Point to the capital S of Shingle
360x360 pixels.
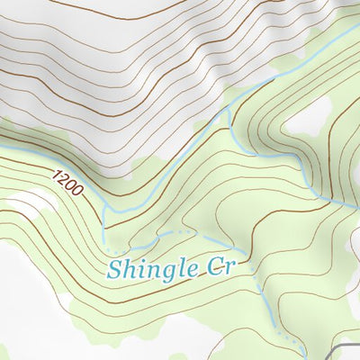114,267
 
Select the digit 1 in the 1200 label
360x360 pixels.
57,172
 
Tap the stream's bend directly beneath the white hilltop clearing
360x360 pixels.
315,193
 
